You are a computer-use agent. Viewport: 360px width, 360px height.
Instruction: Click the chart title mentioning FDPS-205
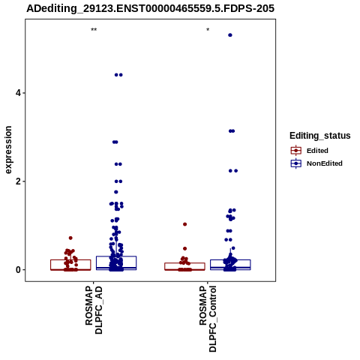151,8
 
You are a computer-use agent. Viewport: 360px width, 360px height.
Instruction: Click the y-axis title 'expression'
8,150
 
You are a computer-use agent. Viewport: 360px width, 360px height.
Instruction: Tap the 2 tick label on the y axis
18,181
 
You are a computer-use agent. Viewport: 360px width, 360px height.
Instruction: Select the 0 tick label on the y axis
18,270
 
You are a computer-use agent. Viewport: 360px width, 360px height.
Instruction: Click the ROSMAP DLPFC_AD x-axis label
94,310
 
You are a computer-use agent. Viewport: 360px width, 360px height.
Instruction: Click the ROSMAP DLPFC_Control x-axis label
208,319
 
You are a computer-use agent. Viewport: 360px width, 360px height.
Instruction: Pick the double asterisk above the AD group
94,30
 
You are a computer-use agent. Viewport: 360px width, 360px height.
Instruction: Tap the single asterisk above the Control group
208,30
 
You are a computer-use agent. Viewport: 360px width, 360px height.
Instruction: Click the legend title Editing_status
320,136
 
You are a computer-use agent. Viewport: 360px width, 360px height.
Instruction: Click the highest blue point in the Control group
230,35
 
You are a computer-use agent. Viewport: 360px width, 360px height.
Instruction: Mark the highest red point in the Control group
185,224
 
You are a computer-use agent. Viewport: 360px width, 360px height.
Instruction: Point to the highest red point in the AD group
70,238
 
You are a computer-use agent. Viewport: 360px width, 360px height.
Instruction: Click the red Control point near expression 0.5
185,248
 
